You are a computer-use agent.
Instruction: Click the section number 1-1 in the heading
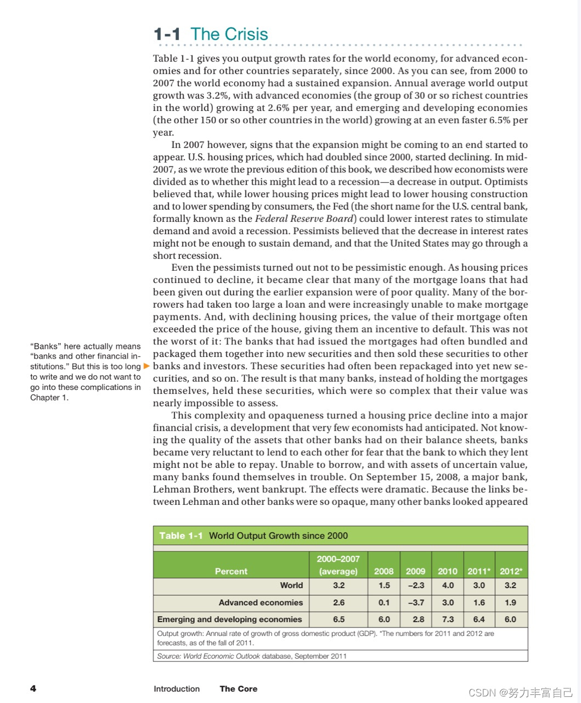coord(167,35)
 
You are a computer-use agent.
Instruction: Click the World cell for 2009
coord(415,585)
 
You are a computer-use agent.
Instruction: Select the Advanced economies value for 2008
coord(384,602)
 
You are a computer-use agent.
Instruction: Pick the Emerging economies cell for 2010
coord(448,619)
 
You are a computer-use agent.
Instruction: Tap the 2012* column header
coord(511,571)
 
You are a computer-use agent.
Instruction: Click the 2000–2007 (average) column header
coord(339,565)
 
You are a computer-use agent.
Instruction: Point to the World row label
coord(291,585)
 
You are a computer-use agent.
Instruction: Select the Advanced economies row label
coord(261,602)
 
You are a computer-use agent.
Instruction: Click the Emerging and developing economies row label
coord(229,619)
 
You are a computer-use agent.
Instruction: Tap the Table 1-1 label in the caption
coord(181,535)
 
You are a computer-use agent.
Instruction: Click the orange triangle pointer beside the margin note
coord(146,366)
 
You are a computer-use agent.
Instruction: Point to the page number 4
coord(33,688)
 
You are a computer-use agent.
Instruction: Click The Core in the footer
coord(238,689)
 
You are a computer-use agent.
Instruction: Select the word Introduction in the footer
coord(177,689)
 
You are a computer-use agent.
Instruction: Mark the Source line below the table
coord(252,656)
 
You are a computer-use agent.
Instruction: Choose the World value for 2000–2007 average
coord(339,585)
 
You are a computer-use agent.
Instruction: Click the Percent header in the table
coord(231,571)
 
